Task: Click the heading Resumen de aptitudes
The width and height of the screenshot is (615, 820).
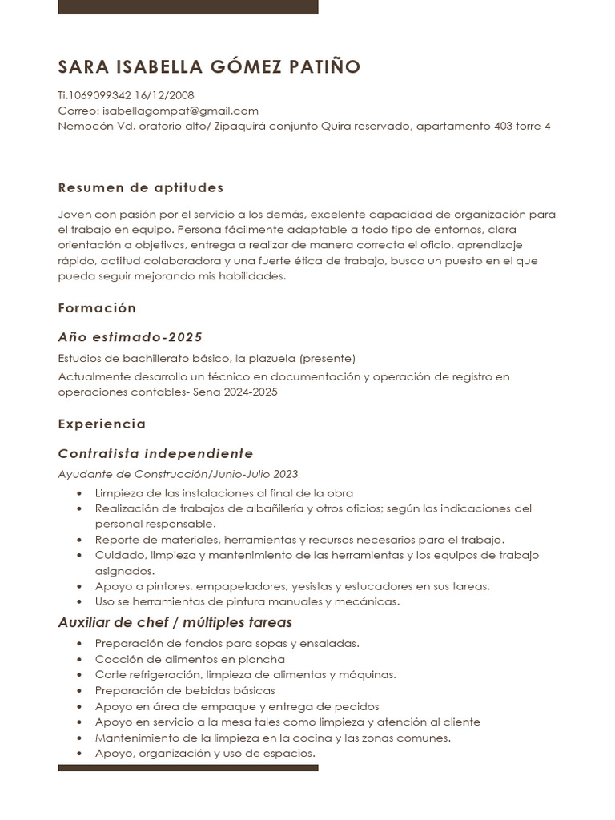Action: click(x=141, y=188)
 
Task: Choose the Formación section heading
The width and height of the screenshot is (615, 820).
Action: click(x=97, y=308)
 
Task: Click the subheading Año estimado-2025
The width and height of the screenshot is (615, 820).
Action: click(x=130, y=337)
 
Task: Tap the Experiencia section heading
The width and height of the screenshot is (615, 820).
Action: click(x=102, y=424)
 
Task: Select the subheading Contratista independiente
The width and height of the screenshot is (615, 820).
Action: click(x=155, y=454)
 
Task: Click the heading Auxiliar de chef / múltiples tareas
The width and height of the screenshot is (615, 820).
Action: click(x=175, y=623)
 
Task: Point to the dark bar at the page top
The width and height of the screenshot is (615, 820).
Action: click(x=188, y=6)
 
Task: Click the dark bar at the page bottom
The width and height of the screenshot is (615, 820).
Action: click(x=188, y=768)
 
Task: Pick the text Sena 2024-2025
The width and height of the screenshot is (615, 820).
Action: click(x=235, y=392)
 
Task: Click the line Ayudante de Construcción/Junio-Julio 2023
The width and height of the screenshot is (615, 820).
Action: click(x=178, y=474)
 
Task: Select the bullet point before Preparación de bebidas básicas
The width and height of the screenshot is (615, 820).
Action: click(x=78, y=690)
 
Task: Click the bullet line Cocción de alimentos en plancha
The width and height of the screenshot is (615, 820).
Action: click(x=190, y=659)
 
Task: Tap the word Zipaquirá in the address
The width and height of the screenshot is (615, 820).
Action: click(x=241, y=126)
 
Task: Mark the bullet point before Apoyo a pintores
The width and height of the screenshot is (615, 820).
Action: click(x=78, y=586)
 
